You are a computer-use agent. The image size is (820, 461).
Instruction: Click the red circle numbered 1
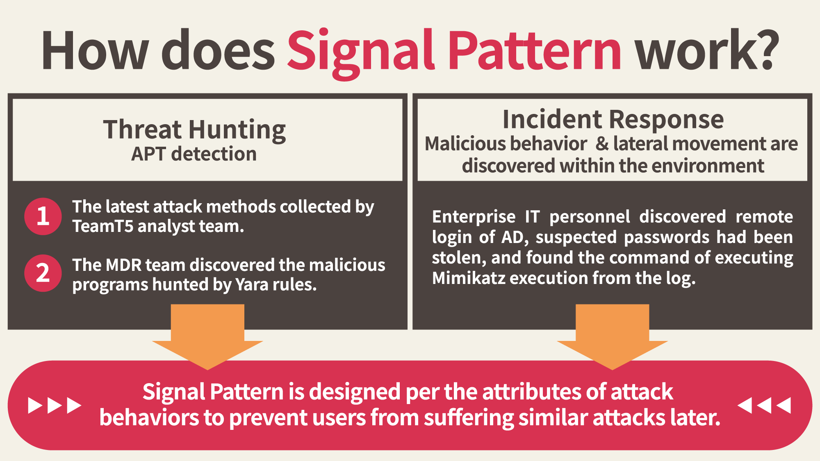click(x=43, y=216)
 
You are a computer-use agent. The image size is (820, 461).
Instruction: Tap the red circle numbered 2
click(x=43, y=273)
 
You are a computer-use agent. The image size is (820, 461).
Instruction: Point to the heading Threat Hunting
click(x=194, y=130)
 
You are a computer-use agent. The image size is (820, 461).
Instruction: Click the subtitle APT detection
click(x=194, y=154)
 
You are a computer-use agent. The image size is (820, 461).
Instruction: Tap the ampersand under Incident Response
click(x=602, y=144)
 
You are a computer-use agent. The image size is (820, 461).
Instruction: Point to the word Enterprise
click(x=474, y=217)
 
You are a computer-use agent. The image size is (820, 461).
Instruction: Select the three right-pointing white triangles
click(x=55, y=405)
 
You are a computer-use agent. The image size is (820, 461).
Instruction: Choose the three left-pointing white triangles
click(x=764, y=405)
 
